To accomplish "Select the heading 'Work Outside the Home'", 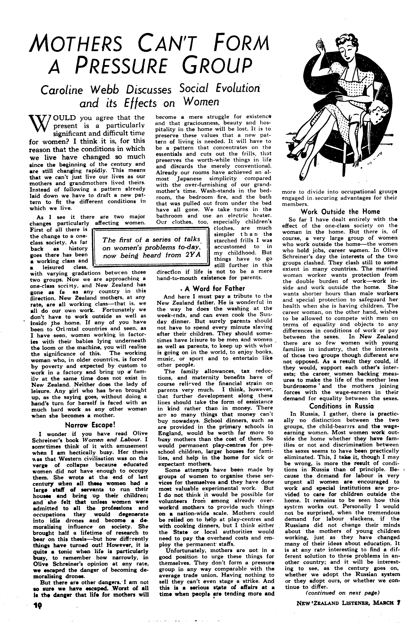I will click(340, 212).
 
